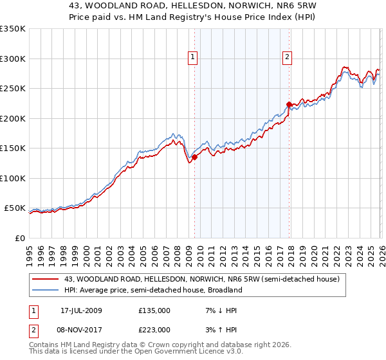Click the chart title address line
[x=193, y=4]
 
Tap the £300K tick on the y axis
[x=13, y=59]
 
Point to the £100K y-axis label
[x=13, y=178]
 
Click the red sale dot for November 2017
[x=289, y=104]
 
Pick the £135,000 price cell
[x=154, y=310]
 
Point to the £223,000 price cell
[x=154, y=330]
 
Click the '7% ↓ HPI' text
[x=220, y=310]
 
